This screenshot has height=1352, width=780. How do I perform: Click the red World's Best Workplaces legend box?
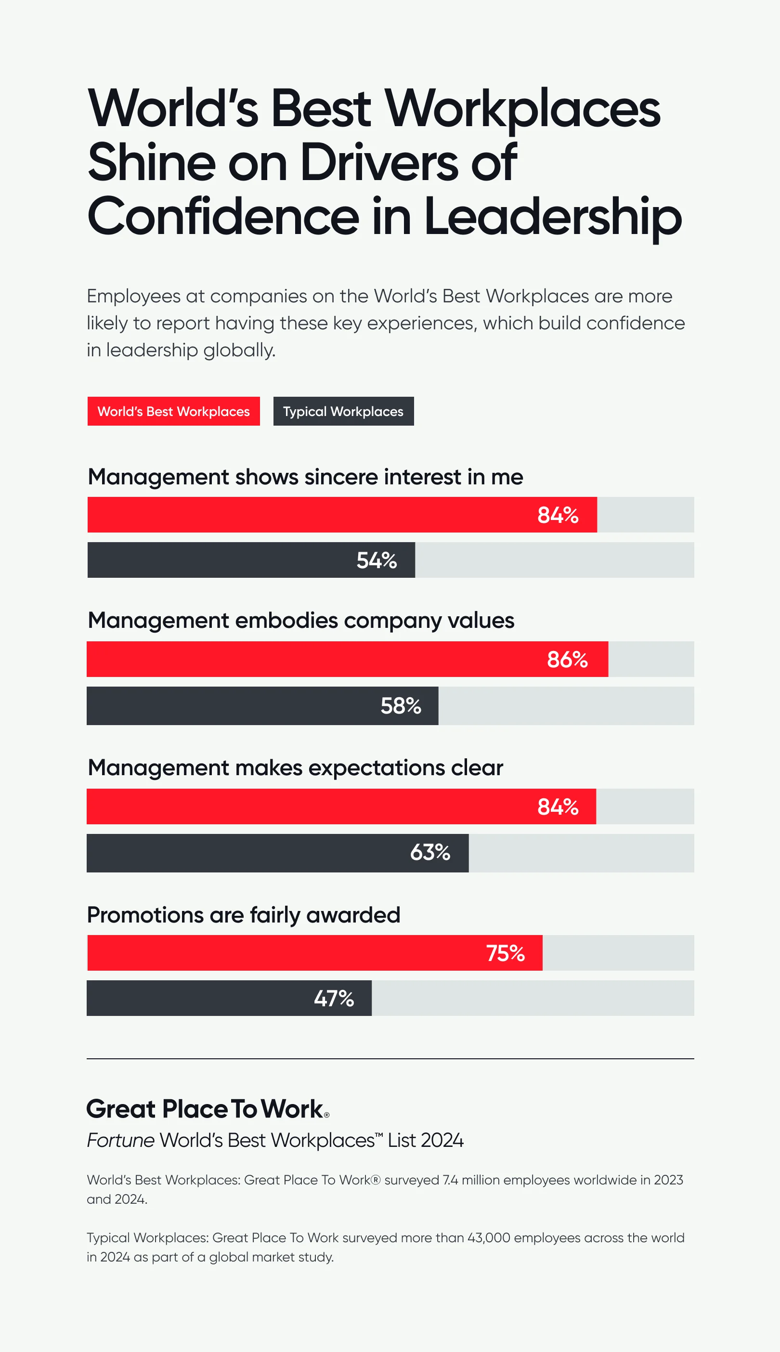pos(173,411)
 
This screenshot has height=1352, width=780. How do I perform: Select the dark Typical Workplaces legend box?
pos(343,411)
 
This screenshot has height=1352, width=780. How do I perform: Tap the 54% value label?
pos(377,560)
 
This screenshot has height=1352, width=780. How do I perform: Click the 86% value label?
pos(567,660)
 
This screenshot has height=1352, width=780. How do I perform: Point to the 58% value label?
pos(401,706)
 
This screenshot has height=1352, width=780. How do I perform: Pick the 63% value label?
pos(430,852)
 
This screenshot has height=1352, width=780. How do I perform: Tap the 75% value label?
pos(505,953)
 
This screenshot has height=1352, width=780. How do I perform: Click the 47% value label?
pos(334,999)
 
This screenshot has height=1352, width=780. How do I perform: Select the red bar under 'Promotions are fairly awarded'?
pos(268,953)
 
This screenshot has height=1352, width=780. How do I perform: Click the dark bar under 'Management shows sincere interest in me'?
pos(214,560)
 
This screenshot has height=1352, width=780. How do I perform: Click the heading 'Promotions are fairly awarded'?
pos(244,915)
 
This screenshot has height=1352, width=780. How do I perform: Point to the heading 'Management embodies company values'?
pos(300,620)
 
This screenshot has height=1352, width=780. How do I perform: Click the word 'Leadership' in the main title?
pos(553,217)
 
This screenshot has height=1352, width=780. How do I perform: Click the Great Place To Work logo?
pos(208,1109)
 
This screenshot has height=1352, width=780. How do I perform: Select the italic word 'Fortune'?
pos(121,1141)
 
